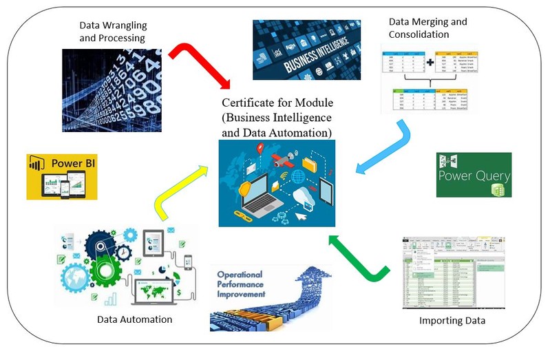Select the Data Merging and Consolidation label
(x=427, y=28)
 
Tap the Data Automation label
(x=134, y=319)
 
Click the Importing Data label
(x=452, y=321)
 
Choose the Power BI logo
(x=62, y=176)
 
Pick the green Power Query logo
(x=474, y=175)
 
